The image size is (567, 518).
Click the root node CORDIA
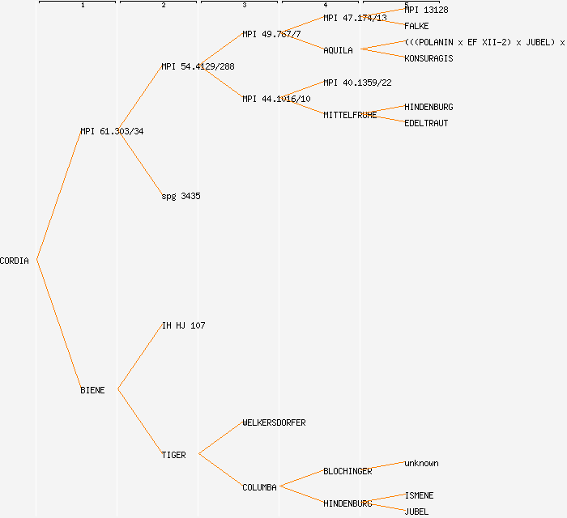(x=15, y=261)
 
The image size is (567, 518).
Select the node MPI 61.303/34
(x=112, y=131)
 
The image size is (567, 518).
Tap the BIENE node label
(x=92, y=390)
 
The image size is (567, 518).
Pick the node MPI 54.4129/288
(x=198, y=66)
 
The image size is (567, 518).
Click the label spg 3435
(x=181, y=196)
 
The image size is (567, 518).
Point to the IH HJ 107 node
(x=183, y=325)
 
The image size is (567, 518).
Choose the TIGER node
(x=173, y=455)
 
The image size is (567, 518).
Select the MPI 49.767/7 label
(x=271, y=34)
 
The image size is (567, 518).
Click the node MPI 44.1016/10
(x=276, y=99)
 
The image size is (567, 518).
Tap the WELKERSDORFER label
(x=274, y=422)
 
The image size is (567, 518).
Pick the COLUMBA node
(x=259, y=487)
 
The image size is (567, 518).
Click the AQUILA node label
(x=338, y=50)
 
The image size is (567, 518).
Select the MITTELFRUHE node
(x=350, y=115)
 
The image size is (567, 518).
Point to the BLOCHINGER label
(x=347, y=471)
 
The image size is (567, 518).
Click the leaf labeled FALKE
(x=416, y=26)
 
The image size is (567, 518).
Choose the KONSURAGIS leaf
(x=428, y=58)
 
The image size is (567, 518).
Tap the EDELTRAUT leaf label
(x=426, y=123)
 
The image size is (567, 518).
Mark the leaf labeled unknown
(x=421, y=463)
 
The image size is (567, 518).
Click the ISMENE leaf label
(x=419, y=495)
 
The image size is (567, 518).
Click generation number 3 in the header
(x=244, y=6)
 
